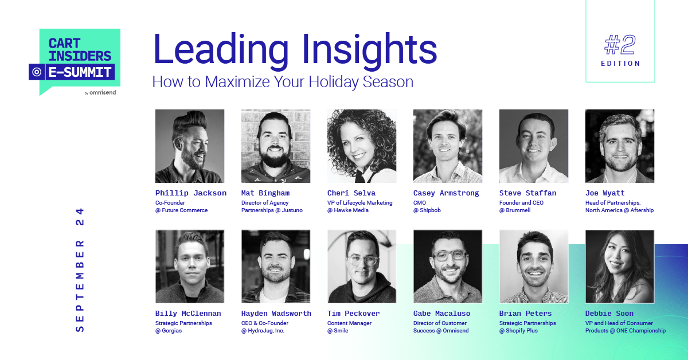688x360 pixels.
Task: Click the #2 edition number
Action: pyautogui.click(x=620, y=44)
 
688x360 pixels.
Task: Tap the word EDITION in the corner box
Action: pyautogui.click(x=620, y=64)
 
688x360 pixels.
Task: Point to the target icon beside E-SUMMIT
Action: pyautogui.click(x=37, y=72)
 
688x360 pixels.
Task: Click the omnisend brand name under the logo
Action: pyautogui.click(x=103, y=92)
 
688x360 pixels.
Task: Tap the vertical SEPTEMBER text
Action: pyautogui.click(x=80, y=285)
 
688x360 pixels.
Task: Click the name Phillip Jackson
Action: pyautogui.click(x=191, y=193)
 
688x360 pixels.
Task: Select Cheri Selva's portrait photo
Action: pyautogui.click(x=362, y=146)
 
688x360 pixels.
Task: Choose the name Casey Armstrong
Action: pyautogui.click(x=446, y=193)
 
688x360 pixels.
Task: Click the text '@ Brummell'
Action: pyautogui.click(x=515, y=210)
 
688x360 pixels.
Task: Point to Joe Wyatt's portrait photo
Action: pyautogui.click(x=620, y=146)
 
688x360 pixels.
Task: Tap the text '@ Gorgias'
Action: pyautogui.click(x=169, y=331)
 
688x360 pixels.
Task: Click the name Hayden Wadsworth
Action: pyautogui.click(x=276, y=314)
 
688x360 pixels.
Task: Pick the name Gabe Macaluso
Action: pyautogui.click(x=441, y=314)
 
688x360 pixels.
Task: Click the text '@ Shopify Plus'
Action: pyautogui.click(x=518, y=331)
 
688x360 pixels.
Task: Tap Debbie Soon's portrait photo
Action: pyautogui.click(x=620, y=267)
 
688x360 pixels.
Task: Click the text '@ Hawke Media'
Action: pyautogui.click(x=347, y=210)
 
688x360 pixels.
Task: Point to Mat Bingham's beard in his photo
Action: pyautogui.click(x=275, y=155)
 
